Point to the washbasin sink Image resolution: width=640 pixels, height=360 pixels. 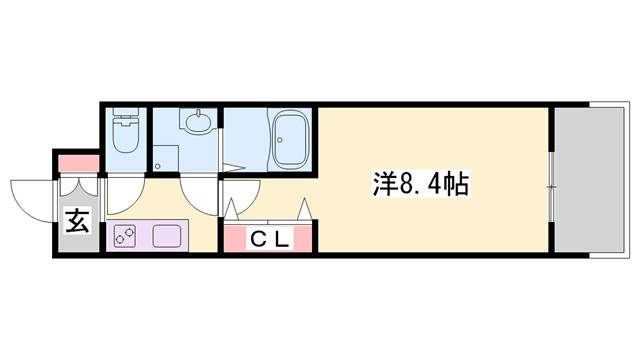(x=195, y=125)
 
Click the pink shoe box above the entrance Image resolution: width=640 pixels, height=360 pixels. (x=77, y=162)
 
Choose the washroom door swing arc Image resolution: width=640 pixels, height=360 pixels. (x=197, y=194)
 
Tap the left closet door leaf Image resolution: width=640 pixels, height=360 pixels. (x=234, y=210)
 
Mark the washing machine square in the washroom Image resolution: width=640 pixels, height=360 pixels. (x=162, y=159)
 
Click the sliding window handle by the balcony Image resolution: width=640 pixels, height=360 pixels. (x=550, y=186)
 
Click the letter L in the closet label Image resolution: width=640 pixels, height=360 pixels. (x=283, y=239)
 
